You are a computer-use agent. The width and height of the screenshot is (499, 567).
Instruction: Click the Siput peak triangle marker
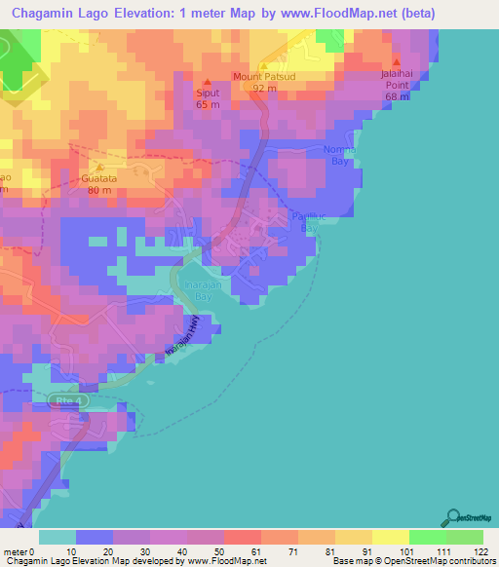pos(207,82)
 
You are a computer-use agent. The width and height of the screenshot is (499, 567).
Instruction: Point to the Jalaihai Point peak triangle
pos(396,59)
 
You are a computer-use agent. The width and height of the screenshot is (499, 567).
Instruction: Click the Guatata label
pos(99,177)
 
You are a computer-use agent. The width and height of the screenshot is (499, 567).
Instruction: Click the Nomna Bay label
pos(338,155)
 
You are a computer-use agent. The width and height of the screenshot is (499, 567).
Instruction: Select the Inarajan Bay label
pos(198,289)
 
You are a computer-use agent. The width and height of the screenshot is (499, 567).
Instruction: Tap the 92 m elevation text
pos(263,88)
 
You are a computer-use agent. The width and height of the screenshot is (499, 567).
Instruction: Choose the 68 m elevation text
pos(396,96)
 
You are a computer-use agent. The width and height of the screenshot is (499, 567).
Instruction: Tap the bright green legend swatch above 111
pos(427,536)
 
